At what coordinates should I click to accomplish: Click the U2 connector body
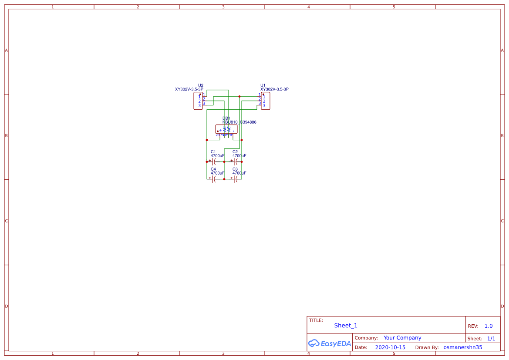(x=198, y=101)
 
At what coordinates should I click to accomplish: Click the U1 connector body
(x=265, y=101)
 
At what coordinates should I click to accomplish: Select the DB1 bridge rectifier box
(x=226, y=129)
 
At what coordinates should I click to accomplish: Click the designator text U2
(x=201, y=85)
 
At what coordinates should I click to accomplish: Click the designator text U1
(x=263, y=85)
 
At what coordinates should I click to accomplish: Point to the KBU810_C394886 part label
(x=239, y=122)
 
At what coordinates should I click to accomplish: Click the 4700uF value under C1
(x=217, y=156)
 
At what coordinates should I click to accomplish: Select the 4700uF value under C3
(x=239, y=173)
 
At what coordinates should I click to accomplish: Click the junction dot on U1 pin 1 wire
(x=239, y=96)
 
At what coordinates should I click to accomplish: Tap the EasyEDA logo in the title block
(x=330, y=343)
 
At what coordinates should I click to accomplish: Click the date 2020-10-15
(x=390, y=347)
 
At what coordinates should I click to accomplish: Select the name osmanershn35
(x=463, y=347)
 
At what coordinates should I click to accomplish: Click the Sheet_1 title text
(x=346, y=326)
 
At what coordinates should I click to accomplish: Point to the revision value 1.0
(x=489, y=326)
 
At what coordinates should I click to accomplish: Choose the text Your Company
(x=402, y=338)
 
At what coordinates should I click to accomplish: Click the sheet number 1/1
(x=491, y=338)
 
